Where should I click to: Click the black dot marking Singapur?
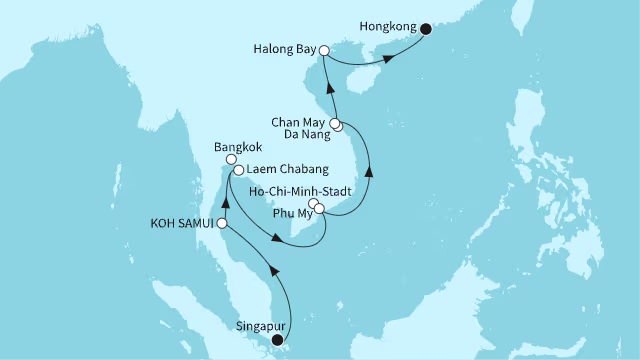[278, 340]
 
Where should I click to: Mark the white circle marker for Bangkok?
[231, 158]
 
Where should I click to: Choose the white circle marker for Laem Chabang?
[239, 170]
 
